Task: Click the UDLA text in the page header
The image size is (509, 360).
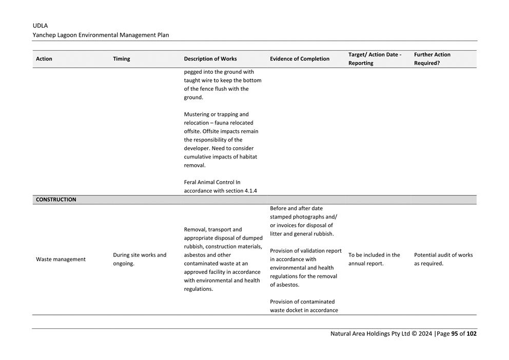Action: pyautogui.click(x=40, y=26)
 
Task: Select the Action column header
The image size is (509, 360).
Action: pyautogui.click(x=44, y=59)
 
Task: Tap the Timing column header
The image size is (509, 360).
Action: pyautogui.click(x=122, y=59)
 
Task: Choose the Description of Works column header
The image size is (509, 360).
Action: pyautogui.click(x=210, y=59)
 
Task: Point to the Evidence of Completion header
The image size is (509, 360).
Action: pyautogui.click(x=300, y=59)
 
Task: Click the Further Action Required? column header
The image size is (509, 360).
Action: pyautogui.click(x=432, y=59)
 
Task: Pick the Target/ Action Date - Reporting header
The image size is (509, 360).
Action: pyautogui.click(x=375, y=59)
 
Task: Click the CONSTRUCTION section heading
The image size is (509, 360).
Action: pyautogui.click(x=56, y=200)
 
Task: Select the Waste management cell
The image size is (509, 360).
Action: pyautogui.click(x=61, y=259)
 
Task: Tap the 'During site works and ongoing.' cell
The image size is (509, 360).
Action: pyautogui.click(x=140, y=259)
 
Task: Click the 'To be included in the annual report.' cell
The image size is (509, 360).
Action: pyautogui.click(x=374, y=259)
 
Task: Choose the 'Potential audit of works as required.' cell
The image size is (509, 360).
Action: pyautogui.click(x=443, y=259)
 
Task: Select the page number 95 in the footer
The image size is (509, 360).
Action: pyautogui.click(x=454, y=334)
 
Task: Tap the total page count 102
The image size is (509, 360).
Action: pyautogui.click(x=472, y=334)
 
